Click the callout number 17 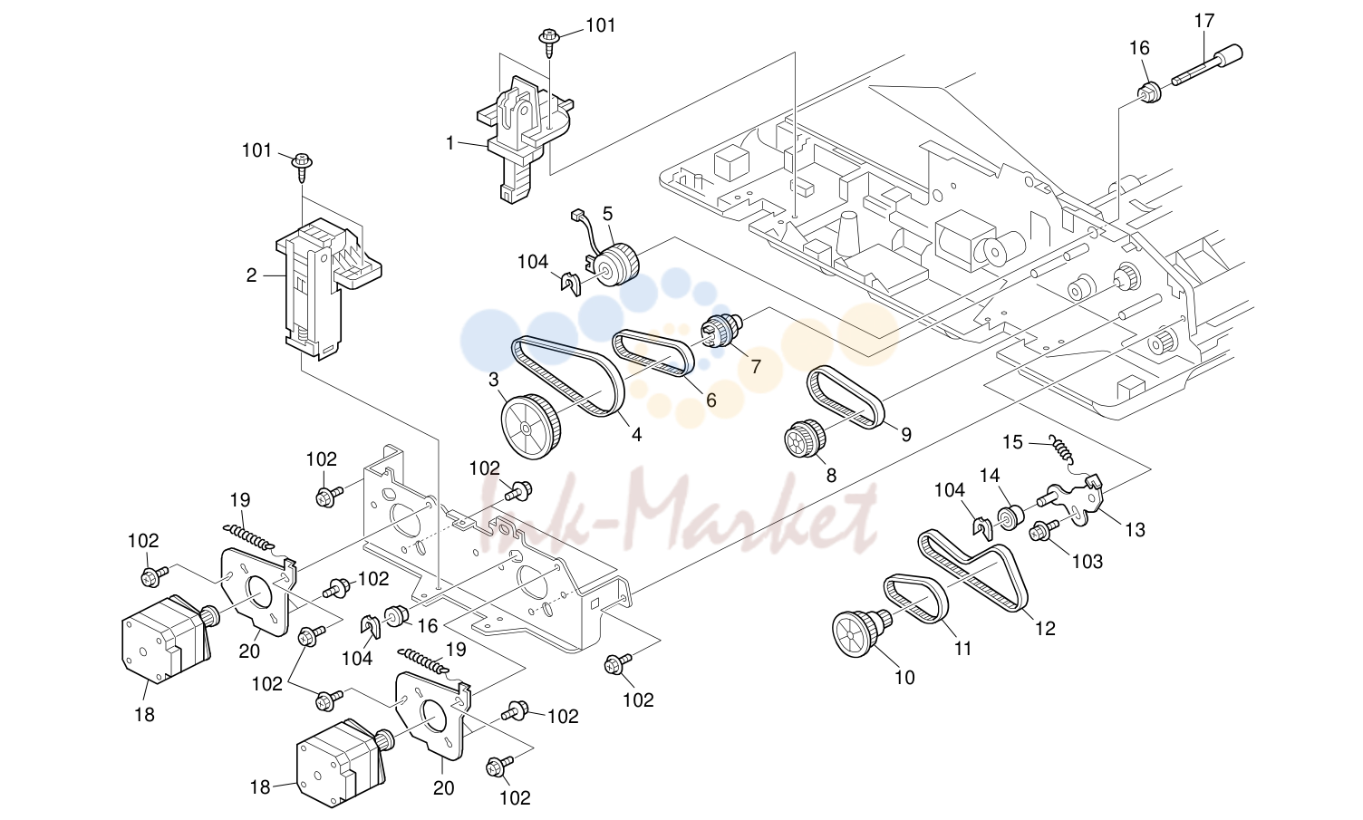[1204, 21]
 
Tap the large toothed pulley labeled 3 [530, 426]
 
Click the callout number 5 [607, 214]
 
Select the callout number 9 [906, 434]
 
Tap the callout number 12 [1046, 628]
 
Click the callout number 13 [1135, 530]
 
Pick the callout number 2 [251, 275]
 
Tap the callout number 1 [449, 143]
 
